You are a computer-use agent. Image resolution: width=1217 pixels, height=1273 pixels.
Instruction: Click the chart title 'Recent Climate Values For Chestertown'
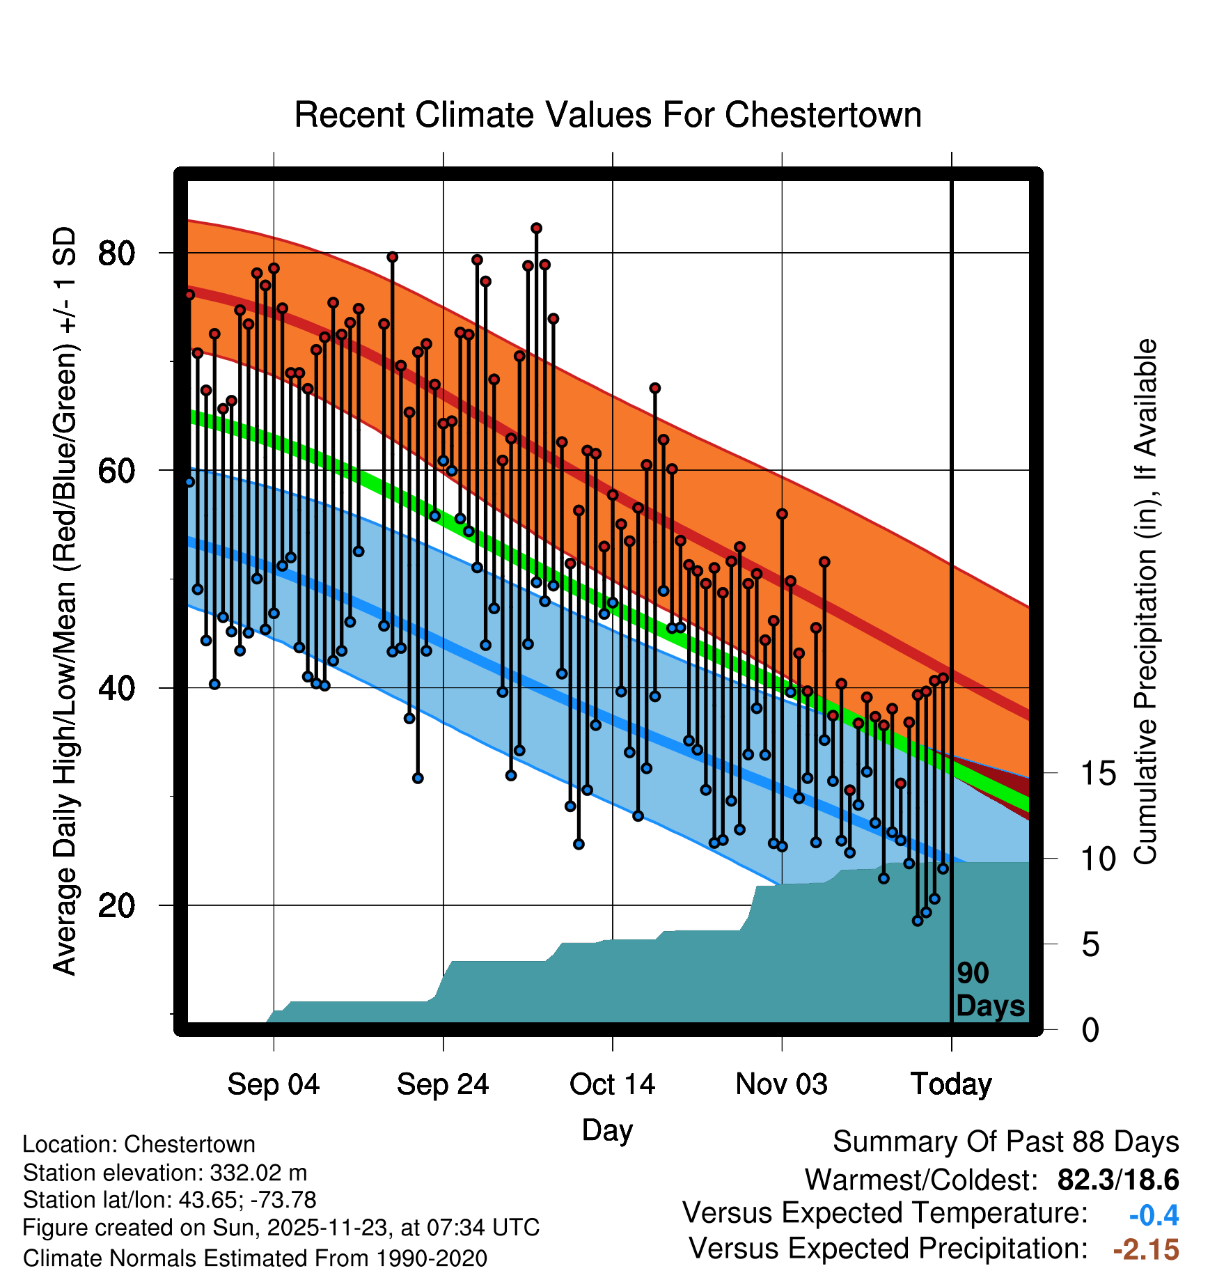(x=608, y=115)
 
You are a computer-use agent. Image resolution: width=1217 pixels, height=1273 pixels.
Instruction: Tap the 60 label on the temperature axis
(x=116, y=471)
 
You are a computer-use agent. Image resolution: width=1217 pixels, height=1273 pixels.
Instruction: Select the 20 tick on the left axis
(x=116, y=906)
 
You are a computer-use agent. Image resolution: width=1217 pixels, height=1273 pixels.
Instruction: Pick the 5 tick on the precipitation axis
(x=1090, y=946)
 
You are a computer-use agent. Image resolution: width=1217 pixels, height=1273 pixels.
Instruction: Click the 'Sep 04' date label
(x=274, y=1085)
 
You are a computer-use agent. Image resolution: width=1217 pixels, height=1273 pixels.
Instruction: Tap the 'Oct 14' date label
(x=612, y=1085)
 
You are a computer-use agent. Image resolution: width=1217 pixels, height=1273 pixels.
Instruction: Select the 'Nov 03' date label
(x=781, y=1085)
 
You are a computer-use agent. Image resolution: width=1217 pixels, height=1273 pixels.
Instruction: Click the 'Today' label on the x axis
(x=951, y=1085)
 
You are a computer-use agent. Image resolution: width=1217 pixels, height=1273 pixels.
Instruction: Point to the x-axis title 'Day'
(x=607, y=1131)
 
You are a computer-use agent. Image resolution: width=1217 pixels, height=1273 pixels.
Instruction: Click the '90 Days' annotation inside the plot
(x=989, y=990)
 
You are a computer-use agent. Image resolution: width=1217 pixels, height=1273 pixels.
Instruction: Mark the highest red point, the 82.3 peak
(x=536, y=228)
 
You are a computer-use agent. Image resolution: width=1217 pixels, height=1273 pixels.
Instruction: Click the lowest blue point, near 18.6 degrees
(x=918, y=921)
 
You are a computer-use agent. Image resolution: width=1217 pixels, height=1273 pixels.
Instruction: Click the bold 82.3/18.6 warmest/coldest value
(x=1117, y=1180)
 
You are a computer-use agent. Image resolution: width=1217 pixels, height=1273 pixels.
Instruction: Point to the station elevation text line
(x=165, y=1173)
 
